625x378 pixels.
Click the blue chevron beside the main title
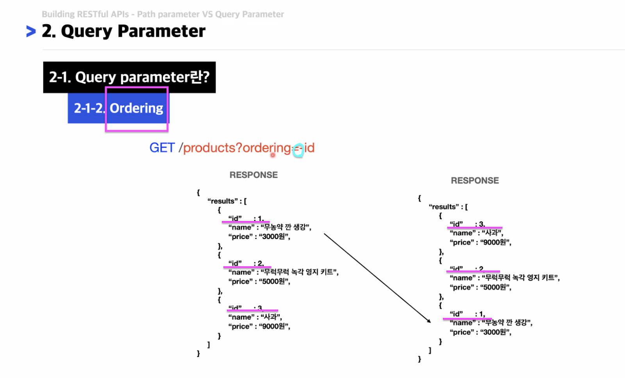coord(31,31)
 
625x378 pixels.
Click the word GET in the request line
coord(162,148)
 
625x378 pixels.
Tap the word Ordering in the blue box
coord(136,108)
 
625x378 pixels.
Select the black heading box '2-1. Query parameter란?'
coord(129,77)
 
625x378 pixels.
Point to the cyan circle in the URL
coord(298,150)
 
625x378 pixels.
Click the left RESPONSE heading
coord(254,175)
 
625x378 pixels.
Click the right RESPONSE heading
coord(475,180)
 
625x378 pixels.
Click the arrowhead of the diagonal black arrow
coord(429,321)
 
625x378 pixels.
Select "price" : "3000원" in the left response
coord(259,237)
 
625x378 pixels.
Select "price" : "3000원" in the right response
coord(480,332)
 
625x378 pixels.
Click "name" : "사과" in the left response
coord(255,317)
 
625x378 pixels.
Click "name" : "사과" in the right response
coord(476,233)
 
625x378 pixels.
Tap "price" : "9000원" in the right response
coord(480,242)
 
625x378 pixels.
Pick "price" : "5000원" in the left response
coord(259,282)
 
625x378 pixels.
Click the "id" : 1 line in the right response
coord(467,314)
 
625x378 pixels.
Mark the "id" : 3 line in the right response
coord(467,224)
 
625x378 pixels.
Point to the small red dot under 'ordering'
coord(273,155)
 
